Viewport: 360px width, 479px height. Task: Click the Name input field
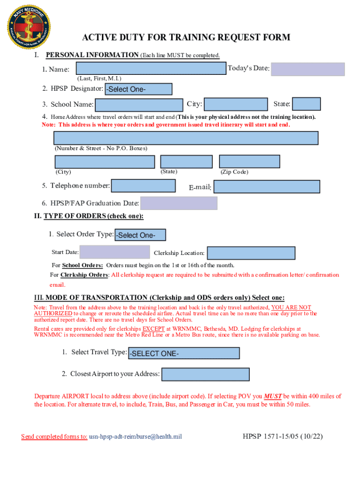point(151,68)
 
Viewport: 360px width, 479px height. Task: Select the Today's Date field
point(308,69)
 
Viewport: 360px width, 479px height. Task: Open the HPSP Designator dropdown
point(138,89)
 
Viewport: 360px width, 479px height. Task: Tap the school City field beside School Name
point(236,104)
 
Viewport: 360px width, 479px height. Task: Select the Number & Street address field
point(186,138)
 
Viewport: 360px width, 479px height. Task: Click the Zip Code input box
point(250,162)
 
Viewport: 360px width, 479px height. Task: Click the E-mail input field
point(267,187)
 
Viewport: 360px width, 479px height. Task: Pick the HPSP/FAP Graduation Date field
point(179,203)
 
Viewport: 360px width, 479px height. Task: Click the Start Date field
point(115,252)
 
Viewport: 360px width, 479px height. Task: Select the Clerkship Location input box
point(251,253)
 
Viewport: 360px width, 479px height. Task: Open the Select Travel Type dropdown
point(184,353)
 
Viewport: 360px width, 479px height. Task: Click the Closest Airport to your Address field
point(205,374)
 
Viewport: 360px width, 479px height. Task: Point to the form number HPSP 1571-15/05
point(282,437)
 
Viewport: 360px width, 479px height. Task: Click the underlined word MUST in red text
point(273,396)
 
